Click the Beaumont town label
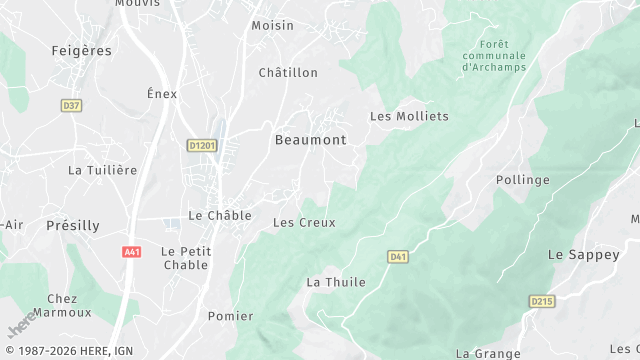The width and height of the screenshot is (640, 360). tap(310, 140)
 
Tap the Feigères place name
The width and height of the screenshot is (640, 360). tap(81, 49)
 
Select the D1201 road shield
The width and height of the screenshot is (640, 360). tap(202, 146)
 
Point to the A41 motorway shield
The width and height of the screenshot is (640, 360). tap(132, 252)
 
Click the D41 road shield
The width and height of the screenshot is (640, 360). tap(398, 257)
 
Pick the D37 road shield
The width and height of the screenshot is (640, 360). tap(71, 105)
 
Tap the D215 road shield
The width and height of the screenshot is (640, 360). tap(542, 301)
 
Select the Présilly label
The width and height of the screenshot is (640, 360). tap(73, 226)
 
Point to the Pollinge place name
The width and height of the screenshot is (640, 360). tap(523, 180)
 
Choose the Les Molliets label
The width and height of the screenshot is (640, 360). tap(409, 116)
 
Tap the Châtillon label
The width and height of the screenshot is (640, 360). tap(288, 73)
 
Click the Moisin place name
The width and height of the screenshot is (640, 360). tap(272, 25)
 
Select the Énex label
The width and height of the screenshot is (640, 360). tap(162, 94)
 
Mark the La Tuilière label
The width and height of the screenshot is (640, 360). tap(102, 170)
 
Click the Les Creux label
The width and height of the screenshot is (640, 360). tap(304, 222)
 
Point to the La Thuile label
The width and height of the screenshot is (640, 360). tap(336, 282)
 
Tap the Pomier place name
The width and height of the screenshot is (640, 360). tap(230, 316)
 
